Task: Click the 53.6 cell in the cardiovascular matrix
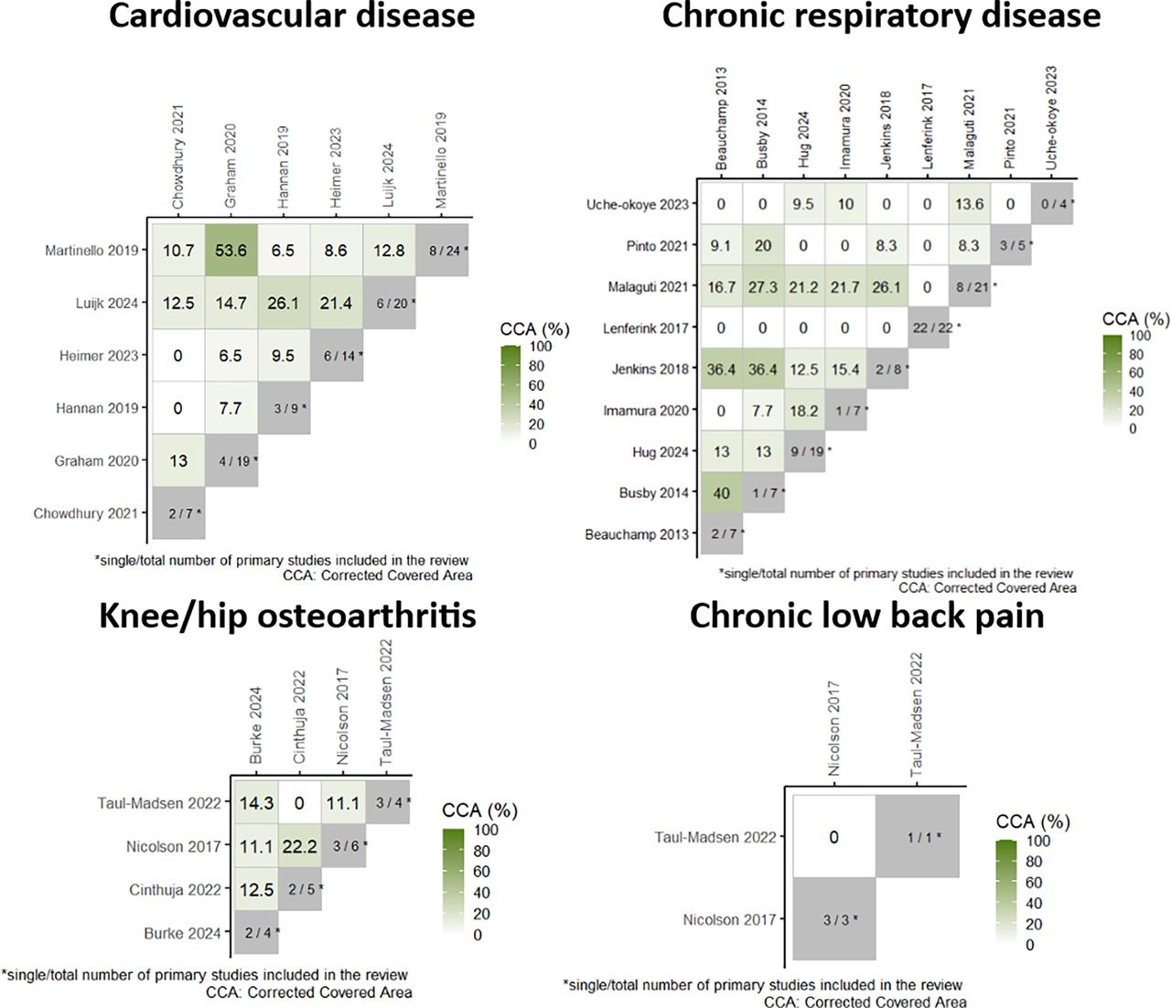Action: click(231, 250)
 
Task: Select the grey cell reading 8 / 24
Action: click(442, 250)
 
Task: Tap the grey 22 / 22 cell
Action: click(928, 327)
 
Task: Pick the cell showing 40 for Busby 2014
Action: click(721, 493)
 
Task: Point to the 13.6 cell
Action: click(970, 204)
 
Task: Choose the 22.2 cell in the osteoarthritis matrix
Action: click(300, 846)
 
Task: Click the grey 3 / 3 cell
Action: click(834, 919)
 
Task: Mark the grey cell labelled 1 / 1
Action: click(918, 836)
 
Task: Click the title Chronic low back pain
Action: click(866, 616)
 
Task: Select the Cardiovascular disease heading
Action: click(292, 16)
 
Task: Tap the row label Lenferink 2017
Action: click(645, 328)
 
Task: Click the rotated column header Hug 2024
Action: click(803, 139)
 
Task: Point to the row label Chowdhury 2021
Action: click(86, 514)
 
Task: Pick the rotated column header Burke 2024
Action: click(255, 724)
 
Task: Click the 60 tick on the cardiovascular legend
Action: click(536, 386)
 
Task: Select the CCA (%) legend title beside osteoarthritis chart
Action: click(480, 810)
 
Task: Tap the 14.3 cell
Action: click(256, 803)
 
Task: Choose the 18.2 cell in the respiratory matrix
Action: click(804, 411)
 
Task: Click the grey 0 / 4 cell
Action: click(1052, 204)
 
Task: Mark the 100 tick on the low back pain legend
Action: click(1038, 841)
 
